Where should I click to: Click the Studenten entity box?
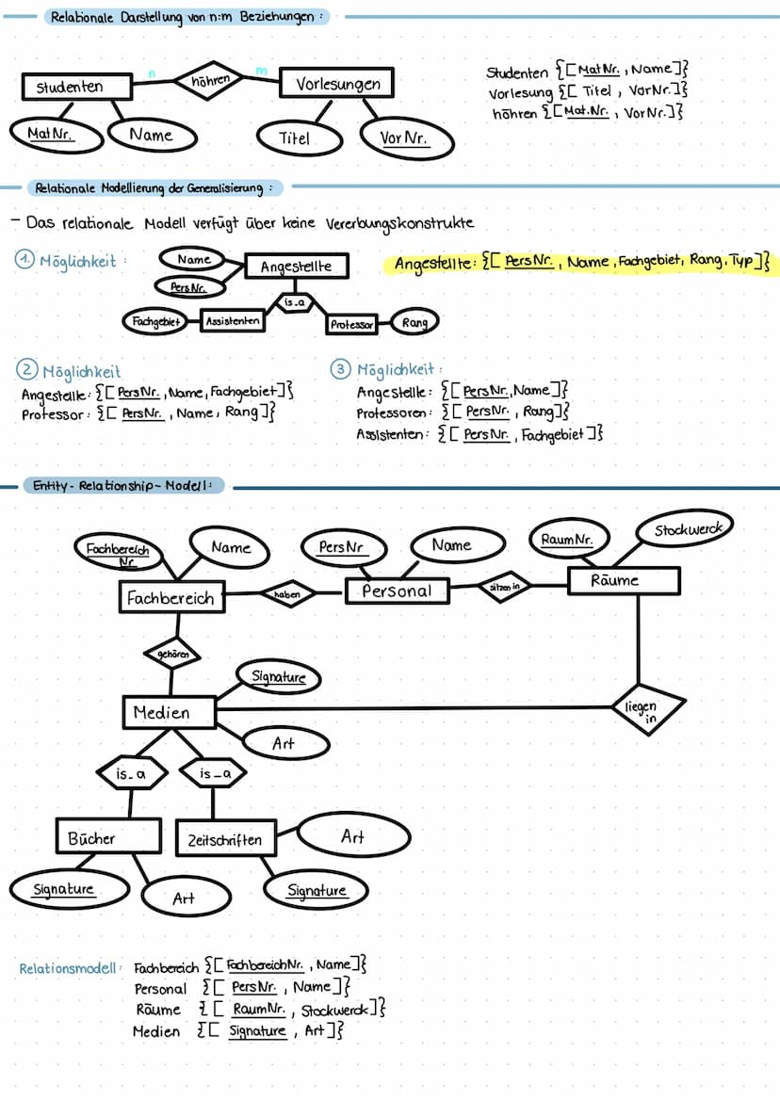[x=76, y=87]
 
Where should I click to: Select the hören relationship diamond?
[x=210, y=82]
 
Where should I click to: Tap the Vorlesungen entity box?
[x=337, y=84]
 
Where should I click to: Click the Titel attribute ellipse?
[x=295, y=138]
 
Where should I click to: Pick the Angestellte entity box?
[x=295, y=267]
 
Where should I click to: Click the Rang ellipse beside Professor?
[x=414, y=323]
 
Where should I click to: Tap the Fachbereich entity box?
[x=171, y=597]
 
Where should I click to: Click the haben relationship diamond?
[x=287, y=594]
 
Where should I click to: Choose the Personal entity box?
[x=397, y=591]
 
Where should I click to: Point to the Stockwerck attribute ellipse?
[x=686, y=530]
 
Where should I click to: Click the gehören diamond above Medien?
[x=171, y=653]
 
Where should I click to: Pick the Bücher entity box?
[x=91, y=838]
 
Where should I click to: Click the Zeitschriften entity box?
[x=225, y=839]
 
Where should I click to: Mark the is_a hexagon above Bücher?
[x=132, y=774]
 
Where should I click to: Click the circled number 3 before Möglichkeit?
[x=340, y=370]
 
